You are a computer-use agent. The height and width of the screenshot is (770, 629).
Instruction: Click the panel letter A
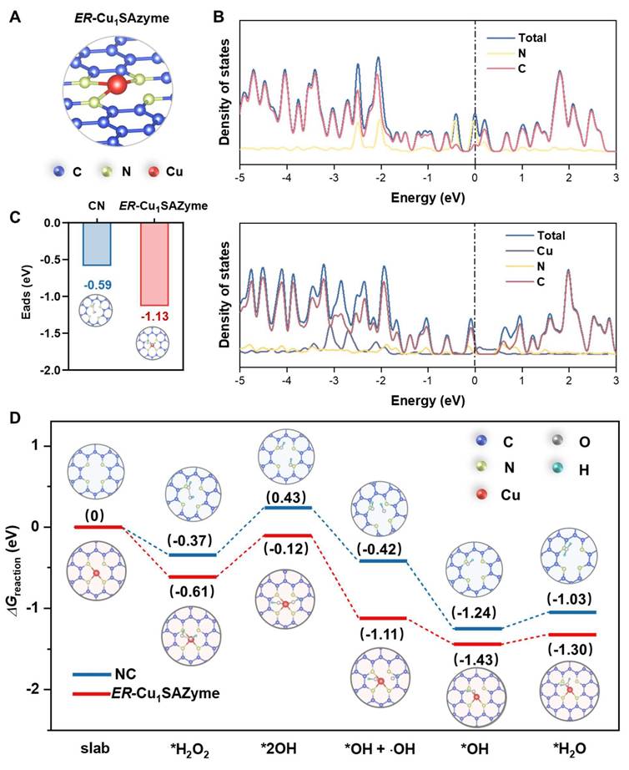point(14,16)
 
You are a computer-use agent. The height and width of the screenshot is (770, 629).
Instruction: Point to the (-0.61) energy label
point(193,591)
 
